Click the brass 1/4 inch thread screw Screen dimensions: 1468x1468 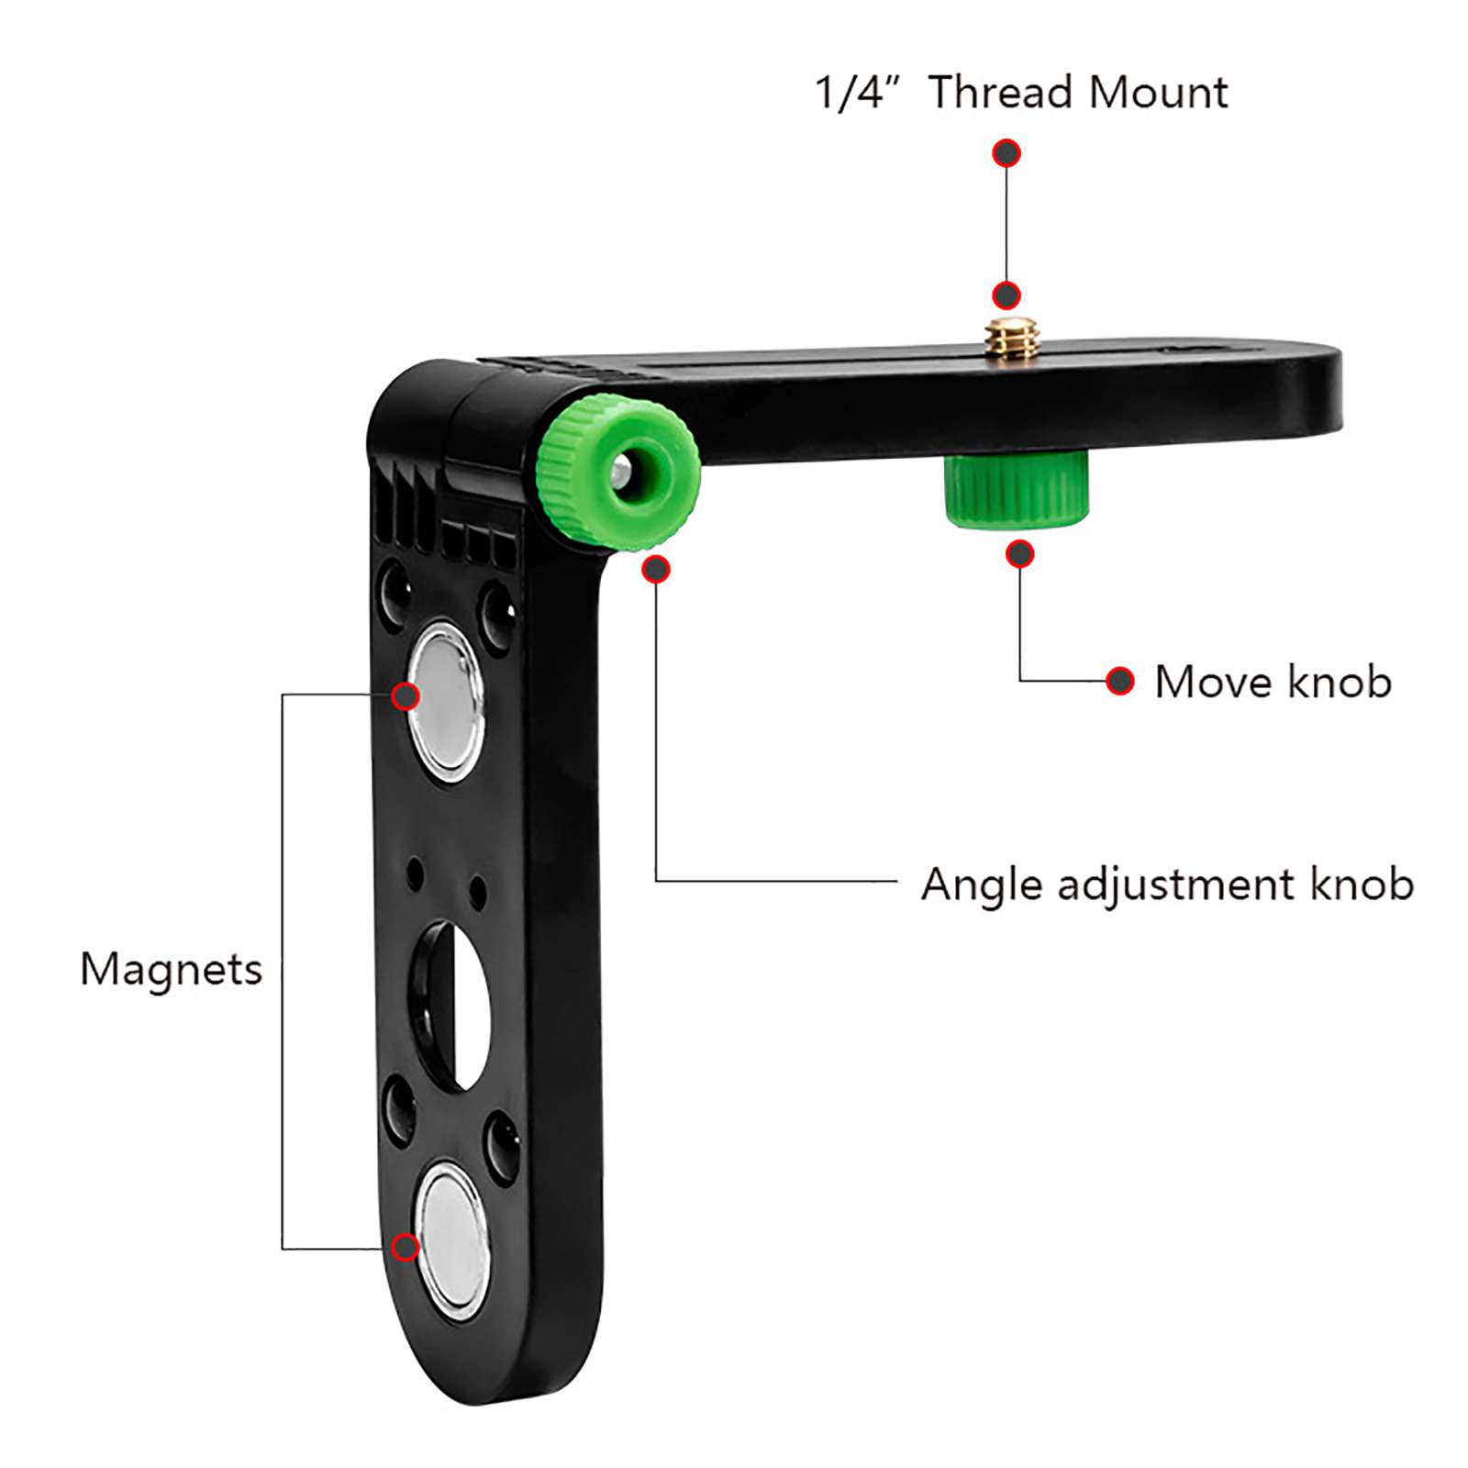click(1010, 338)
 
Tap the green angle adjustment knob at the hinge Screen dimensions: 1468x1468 click(618, 473)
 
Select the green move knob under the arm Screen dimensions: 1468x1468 click(1017, 490)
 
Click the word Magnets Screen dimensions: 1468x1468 click(171, 970)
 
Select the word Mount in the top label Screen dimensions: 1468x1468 click(1158, 93)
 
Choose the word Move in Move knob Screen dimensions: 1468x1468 click(1213, 682)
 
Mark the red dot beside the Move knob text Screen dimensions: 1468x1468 click(1119, 681)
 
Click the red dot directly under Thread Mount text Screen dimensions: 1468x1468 click(1006, 153)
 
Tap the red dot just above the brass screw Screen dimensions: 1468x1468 click(1006, 295)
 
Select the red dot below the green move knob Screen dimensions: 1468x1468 click(1020, 554)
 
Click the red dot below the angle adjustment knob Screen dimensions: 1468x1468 click(656, 570)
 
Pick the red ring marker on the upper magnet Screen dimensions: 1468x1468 click(406, 696)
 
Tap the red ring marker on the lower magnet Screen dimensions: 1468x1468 click(406, 1248)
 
